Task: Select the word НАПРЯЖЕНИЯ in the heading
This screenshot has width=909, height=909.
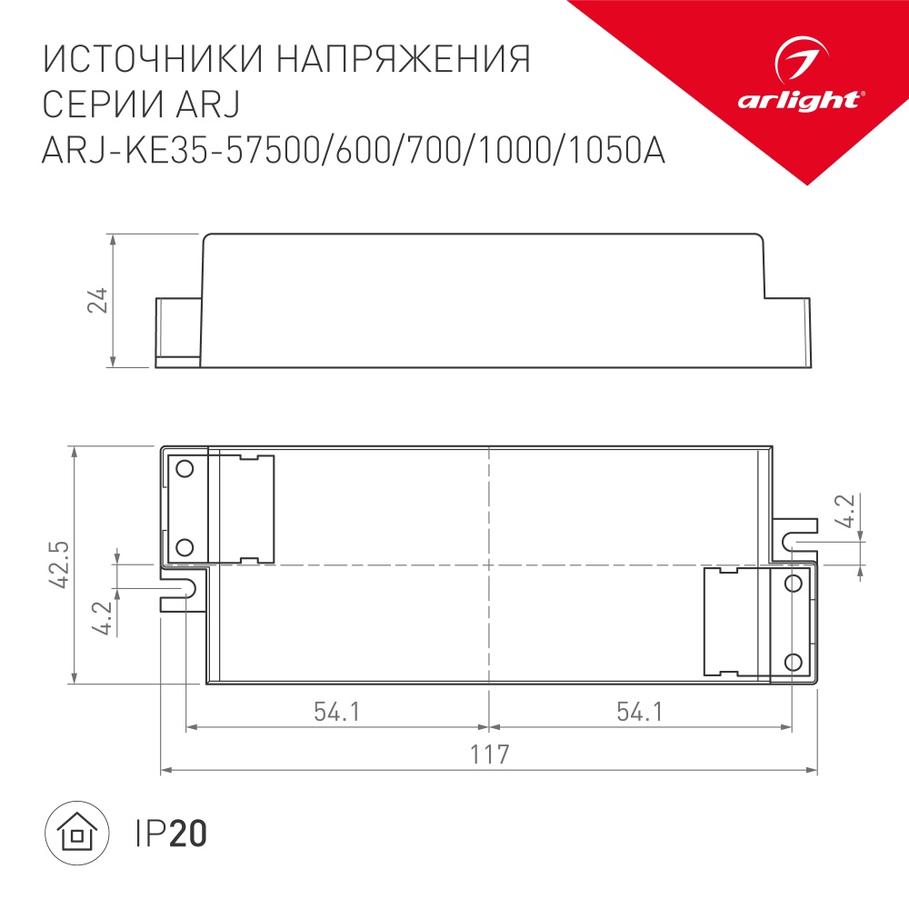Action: pos(402,61)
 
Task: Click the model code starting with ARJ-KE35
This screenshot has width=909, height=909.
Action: pos(354,150)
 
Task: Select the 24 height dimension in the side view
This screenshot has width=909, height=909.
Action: pos(99,301)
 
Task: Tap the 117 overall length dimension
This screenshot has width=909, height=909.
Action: pos(488,754)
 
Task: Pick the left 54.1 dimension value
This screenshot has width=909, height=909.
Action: pos(337,712)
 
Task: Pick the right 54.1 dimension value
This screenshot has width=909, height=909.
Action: pos(639,712)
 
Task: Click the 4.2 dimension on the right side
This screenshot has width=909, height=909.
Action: pos(845,512)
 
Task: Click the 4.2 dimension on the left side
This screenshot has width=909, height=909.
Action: pos(102,619)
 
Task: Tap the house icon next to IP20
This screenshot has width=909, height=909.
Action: pos(77,832)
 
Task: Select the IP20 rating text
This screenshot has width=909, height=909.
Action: pos(171,833)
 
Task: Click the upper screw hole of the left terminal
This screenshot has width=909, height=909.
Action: pos(185,469)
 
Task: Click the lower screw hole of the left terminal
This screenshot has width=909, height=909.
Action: pos(185,546)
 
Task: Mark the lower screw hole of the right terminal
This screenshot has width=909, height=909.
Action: pos(793,661)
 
